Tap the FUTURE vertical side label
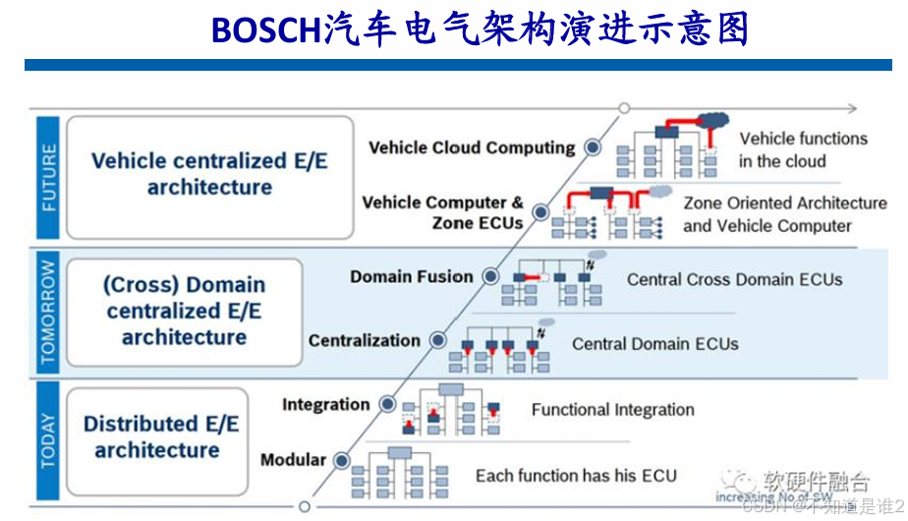(x=48, y=177)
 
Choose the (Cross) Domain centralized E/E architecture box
(x=184, y=311)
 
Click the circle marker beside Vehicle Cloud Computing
(x=593, y=147)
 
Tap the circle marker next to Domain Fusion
(x=490, y=277)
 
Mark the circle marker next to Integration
(x=387, y=404)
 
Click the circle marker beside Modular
(x=342, y=460)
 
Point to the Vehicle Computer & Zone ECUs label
(x=442, y=212)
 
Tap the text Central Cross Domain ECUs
(x=734, y=279)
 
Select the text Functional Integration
(x=612, y=410)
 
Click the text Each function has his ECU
(x=576, y=476)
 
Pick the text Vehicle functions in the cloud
(x=803, y=150)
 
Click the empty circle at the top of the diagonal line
(x=624, y=108)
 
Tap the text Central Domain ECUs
(x=654, y=344)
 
